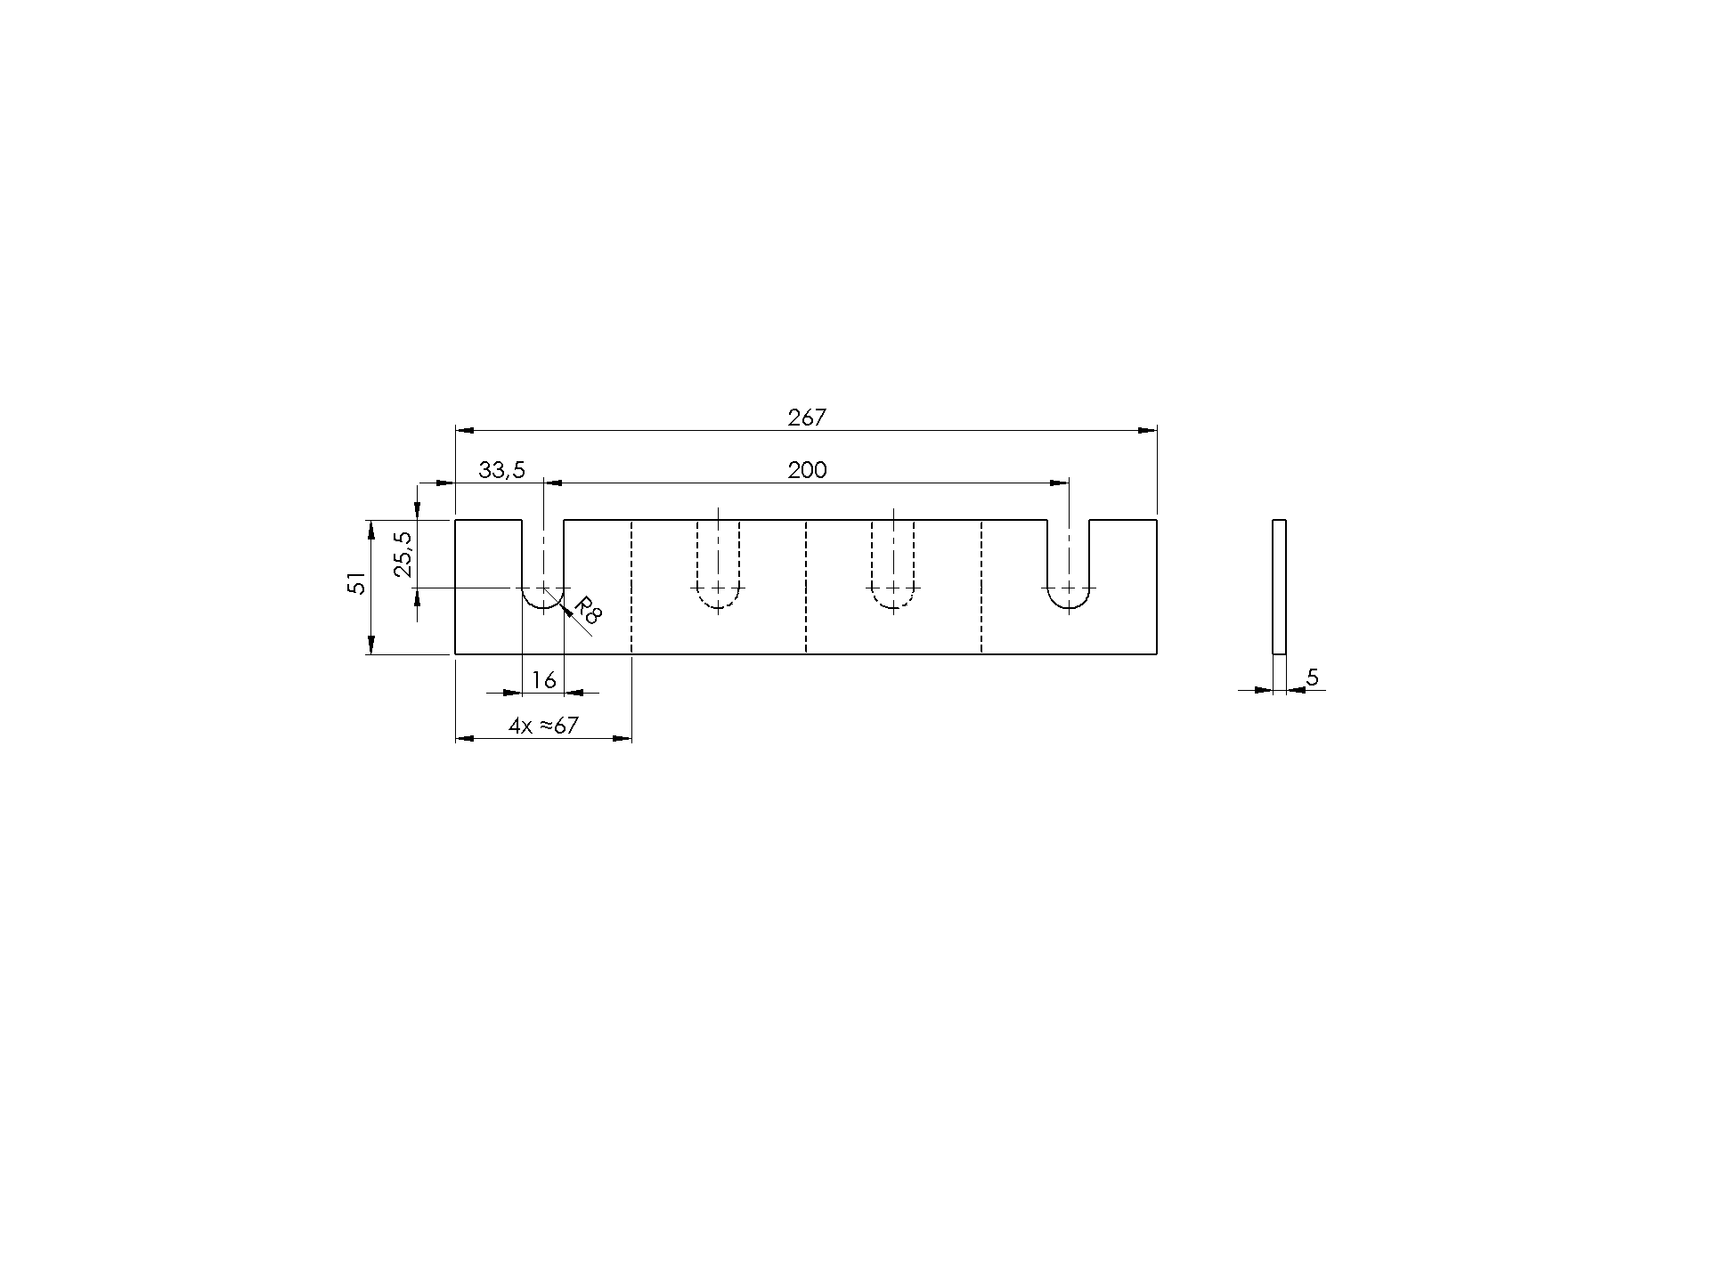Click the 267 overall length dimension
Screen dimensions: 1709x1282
click(x=807, y=418)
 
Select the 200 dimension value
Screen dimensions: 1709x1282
click(x=807, y=470)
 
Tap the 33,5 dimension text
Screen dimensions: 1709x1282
click(x=502, y=470)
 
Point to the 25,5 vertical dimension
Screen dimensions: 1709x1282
click(x=403, y=554)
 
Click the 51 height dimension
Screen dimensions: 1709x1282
click(x=356, y=584)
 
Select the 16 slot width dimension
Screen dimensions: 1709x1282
click(x=543, y=681)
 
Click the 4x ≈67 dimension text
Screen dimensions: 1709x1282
click(x=543, y=726)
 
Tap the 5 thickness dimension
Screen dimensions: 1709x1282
click(x=1312, y=678)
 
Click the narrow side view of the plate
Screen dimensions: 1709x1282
click(x=1279, y=586)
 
